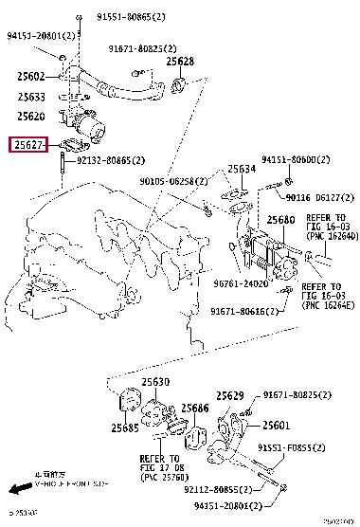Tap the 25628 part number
point(180,63)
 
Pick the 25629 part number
point(230,394)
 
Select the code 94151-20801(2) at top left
point(45,36)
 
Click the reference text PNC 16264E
point(327,306)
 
